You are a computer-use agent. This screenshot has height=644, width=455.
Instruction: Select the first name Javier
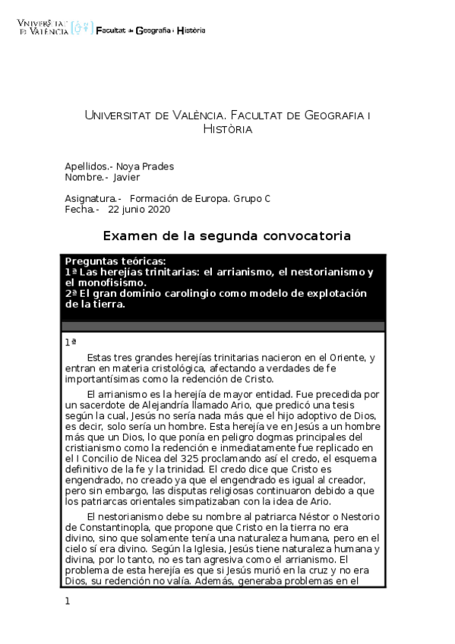[x=127, y=178]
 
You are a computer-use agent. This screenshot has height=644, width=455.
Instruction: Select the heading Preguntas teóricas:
[x=115, y=260]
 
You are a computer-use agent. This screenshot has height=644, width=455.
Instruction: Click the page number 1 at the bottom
[x=68, y=601]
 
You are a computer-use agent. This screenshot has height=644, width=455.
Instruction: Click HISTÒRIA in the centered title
[x=227, y=129]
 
